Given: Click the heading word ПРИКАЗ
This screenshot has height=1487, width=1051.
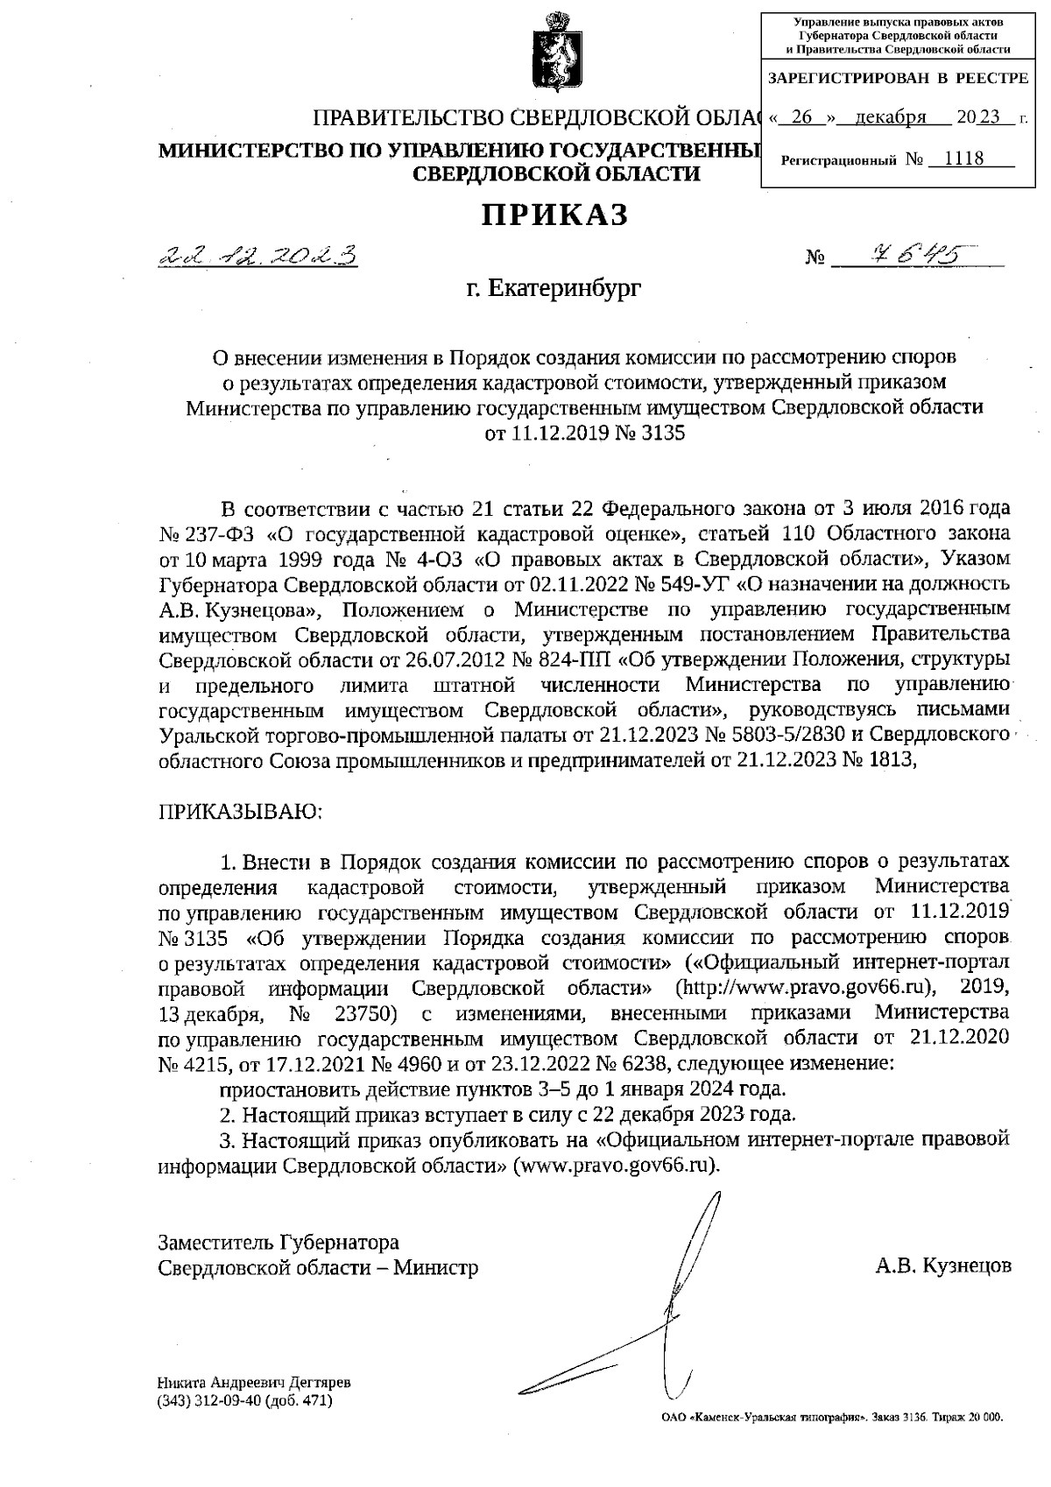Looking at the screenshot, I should click(555, 215).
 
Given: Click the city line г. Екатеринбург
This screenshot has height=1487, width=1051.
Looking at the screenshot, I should click(554, 287).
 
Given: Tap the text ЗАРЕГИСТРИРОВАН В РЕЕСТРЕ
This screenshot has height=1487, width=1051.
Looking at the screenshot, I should click(898, 79).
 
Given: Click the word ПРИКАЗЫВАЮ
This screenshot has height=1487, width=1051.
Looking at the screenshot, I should click(241, 811).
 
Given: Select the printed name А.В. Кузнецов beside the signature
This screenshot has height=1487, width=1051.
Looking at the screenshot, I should click(943, 1265).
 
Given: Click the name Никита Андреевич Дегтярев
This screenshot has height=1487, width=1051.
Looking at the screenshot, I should click(254, 1383).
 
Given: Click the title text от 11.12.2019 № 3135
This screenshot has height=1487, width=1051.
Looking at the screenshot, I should click(585, 433).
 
